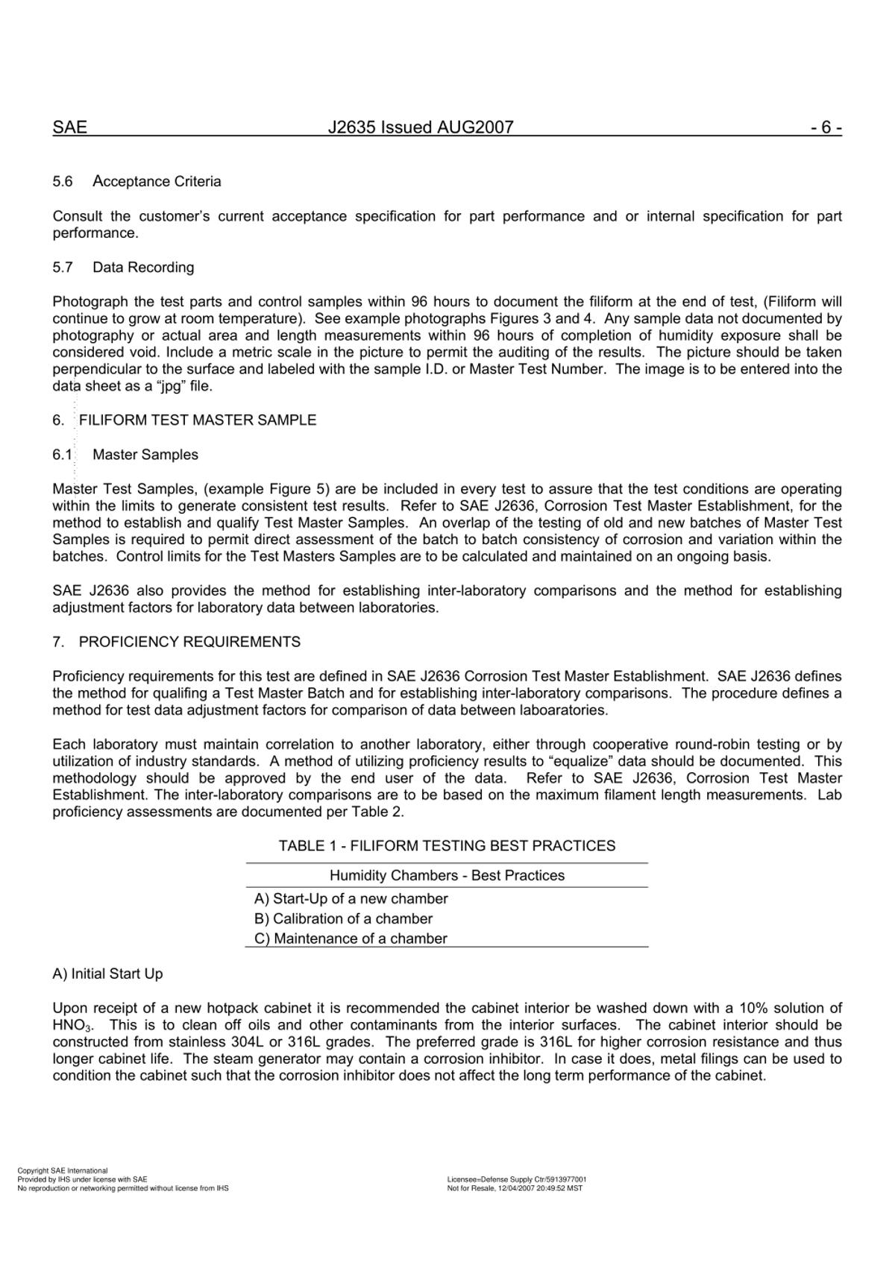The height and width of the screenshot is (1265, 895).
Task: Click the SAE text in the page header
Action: click(x=69, y=127)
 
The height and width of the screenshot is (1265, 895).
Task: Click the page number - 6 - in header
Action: click(x=826, y=127)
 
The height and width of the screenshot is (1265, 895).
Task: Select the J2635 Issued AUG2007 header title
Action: click(x=421, y=127)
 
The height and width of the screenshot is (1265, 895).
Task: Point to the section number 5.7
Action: click(x=63, y=268)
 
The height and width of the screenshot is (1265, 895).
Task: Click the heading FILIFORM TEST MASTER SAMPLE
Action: click(x=197, y=420)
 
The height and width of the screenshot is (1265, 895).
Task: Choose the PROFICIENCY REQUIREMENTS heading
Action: click(x=189, y=643)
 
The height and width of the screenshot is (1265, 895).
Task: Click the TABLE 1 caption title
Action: click(x=447, y=846)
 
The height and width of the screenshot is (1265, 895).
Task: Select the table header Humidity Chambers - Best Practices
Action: click(x=447, y=876)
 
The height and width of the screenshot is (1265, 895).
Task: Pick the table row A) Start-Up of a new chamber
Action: click(x=351, y=899)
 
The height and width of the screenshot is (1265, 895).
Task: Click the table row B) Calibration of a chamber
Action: click(x=343, y=919)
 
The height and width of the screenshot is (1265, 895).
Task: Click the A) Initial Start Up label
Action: click(x=107, y=974)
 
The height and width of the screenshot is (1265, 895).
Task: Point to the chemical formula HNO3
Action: click(x=72, y=1026)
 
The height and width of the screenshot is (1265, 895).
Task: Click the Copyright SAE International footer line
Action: click(x=63, y=1171)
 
